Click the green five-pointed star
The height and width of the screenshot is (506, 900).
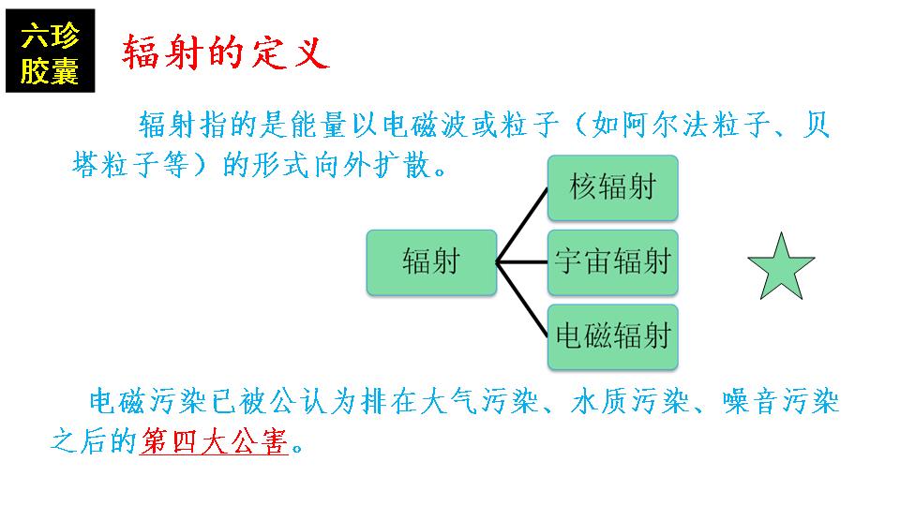781,268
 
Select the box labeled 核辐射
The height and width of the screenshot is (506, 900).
612,187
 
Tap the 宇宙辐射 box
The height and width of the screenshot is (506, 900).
612,262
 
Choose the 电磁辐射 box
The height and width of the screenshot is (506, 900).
612,336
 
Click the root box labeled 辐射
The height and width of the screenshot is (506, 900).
431,262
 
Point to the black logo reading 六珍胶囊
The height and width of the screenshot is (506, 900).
50,51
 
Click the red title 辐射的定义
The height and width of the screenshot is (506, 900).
226,52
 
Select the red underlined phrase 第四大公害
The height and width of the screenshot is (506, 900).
214,441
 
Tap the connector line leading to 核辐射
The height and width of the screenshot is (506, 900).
522,225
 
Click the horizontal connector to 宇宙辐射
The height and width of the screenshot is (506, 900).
522,262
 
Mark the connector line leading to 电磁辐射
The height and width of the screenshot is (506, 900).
522,300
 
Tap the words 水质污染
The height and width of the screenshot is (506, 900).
630,401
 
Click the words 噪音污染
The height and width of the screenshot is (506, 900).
781,401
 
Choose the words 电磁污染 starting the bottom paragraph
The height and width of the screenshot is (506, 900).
148,401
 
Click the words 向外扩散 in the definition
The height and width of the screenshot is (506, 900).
373,165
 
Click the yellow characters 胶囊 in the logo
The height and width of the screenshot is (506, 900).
50,72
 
